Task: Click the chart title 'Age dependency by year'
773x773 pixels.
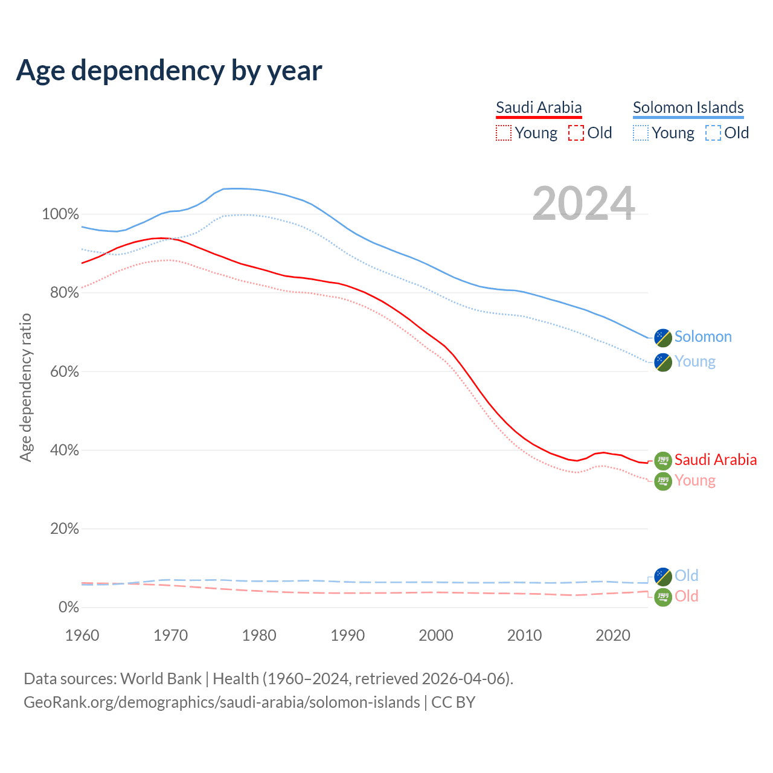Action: tap(169, 71)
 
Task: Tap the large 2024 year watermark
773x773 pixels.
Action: tap(583, 204)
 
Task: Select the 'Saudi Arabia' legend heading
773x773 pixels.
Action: tap(539, 107)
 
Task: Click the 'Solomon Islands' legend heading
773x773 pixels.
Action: tap(688, 107)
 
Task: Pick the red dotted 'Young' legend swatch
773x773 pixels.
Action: tap(503, 133)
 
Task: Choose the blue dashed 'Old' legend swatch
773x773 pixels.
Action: tap(713, 133)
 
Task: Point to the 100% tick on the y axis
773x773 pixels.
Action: tap(60, 214)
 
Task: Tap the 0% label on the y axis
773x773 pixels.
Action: tap(68, 607)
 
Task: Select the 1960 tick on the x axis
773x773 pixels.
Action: tap(82, 635)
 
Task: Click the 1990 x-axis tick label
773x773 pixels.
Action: tap(348, 635)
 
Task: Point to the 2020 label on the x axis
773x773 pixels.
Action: tap(613, 635)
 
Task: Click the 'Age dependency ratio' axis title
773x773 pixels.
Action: tap(25, 387)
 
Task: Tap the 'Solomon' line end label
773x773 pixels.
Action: tap(703, 337)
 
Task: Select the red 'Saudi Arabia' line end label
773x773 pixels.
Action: tap(715, 460)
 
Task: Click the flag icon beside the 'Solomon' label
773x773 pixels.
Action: tap(663, 338)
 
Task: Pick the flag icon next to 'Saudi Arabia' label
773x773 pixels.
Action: tap(663, 461)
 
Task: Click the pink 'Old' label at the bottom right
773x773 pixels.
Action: tap(686, 596)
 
